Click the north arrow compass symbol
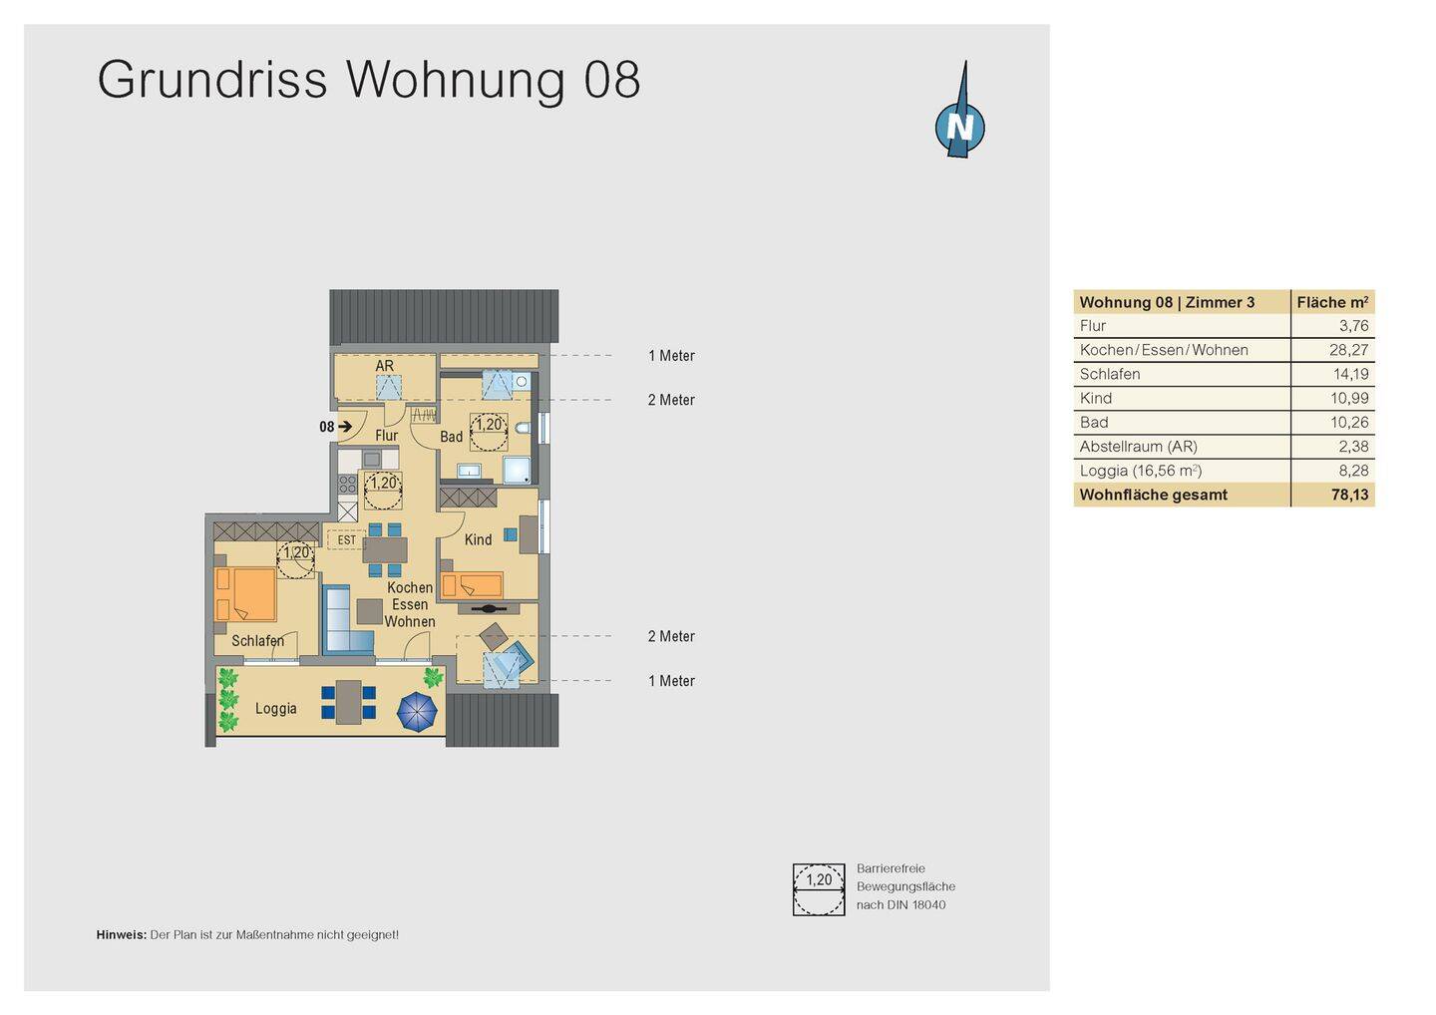coord(959,124)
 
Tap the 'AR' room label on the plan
coord(384,366)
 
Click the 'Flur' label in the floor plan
coord(386,436)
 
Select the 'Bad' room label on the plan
coord(451,437)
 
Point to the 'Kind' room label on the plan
coord(478,539)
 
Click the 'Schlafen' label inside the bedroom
coord(257,641)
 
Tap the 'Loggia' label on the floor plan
coord(275,709)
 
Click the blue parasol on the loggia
coord(417,712)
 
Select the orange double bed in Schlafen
coord(245,594)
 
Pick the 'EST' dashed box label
coord(346,540)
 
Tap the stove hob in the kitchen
coord(347,485)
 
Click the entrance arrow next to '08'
coord(345,427)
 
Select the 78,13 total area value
coord(1349,495)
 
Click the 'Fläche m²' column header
coord(1331,302)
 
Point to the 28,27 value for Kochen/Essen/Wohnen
coord(1348,350)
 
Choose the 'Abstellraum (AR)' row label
coord(1138,447)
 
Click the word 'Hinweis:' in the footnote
coord(121,935)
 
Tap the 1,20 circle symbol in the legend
coord(819,889)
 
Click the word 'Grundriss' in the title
coord(212,80)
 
